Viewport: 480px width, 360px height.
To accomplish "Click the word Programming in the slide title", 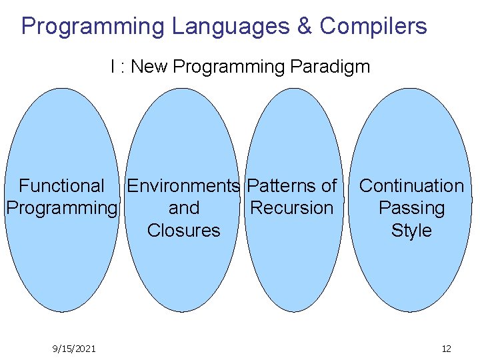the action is click(x=93, y=26).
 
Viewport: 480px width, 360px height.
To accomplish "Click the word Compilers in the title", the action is click(x=373, y=26).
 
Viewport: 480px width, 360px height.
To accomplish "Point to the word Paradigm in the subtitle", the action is click(x=330, y=67).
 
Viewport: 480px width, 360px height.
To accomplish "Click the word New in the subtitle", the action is click(x=151, y=67).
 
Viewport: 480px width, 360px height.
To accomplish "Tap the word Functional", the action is click(x=61, y=185).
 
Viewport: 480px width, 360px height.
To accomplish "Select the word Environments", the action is click(x=183, y=185).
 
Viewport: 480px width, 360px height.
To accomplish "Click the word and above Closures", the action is click(x=183, y=208).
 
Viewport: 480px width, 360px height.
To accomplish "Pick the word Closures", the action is click(x=183, y=231).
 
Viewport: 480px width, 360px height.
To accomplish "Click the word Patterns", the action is click(x=282, y=185).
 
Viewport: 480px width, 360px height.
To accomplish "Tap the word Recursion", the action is click(x=291, y=208).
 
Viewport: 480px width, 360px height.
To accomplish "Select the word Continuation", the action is click(x=411, y=185).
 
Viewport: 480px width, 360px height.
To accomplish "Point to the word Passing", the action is click(x=411, y=209).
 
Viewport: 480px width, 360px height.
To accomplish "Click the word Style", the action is click(x=411, y=231).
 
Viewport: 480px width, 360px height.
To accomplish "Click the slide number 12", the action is click(x=447, y=349).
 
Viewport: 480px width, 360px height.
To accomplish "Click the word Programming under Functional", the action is click(x=61, y=209).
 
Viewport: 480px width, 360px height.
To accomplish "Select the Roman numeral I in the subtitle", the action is click(x=113, y=67).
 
